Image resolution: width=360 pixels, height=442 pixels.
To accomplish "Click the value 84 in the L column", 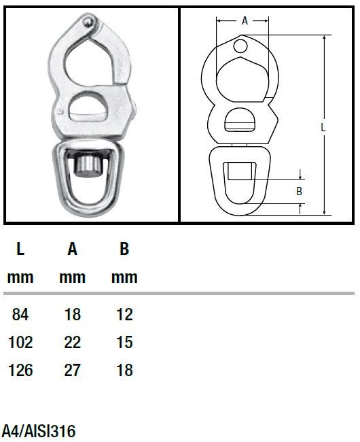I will [x=20, y=314].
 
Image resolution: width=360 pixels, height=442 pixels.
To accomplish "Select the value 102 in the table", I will [x=20, y=342].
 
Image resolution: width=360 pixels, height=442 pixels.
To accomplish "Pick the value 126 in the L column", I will [x=20, y=371].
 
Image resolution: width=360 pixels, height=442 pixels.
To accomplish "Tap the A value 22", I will [x=72, y=342].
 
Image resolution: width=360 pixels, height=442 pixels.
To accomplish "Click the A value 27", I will [x=72, y=371].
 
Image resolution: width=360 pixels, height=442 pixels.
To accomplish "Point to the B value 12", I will [x=124, y=314].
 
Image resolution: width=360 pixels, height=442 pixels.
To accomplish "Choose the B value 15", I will [x=124, y=342].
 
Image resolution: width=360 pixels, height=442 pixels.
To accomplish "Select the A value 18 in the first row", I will [x=72, y=314].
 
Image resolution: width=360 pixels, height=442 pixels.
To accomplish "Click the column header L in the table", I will [x=20, y=250].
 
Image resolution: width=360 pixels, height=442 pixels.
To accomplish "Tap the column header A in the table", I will [x=72, y=250].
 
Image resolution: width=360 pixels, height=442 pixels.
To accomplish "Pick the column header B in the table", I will [x=124, y=250].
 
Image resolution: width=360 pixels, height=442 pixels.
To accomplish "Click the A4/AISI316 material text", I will [x=39, y=430].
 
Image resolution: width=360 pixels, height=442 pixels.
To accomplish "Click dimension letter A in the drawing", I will [x=245, y=20].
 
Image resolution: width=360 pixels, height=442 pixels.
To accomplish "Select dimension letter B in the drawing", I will [x=299, y=192].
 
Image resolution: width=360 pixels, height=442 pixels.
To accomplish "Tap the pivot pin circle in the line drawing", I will [x=240, y=46].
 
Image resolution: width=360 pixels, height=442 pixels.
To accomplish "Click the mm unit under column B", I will [x=124, y=277].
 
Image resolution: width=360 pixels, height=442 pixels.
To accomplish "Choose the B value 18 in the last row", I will [x=124, y=371].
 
